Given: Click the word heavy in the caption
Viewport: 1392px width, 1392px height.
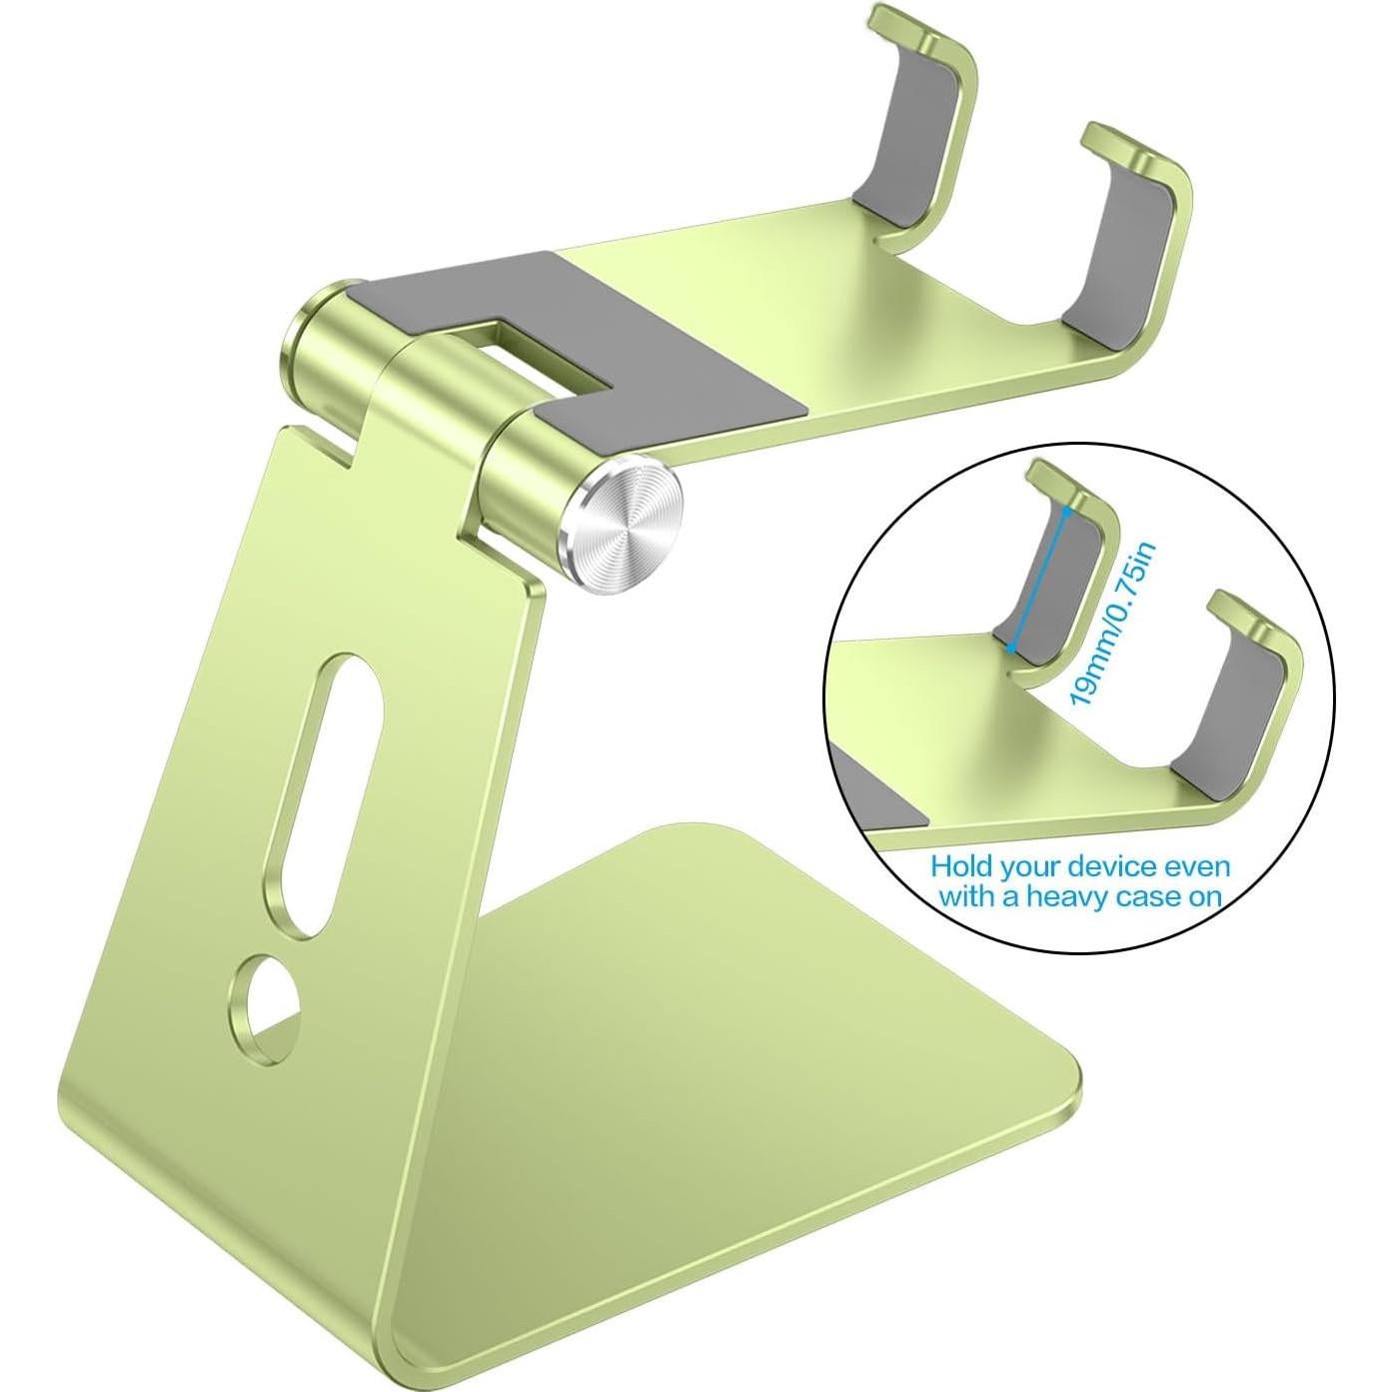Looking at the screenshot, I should (1077, 895).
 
